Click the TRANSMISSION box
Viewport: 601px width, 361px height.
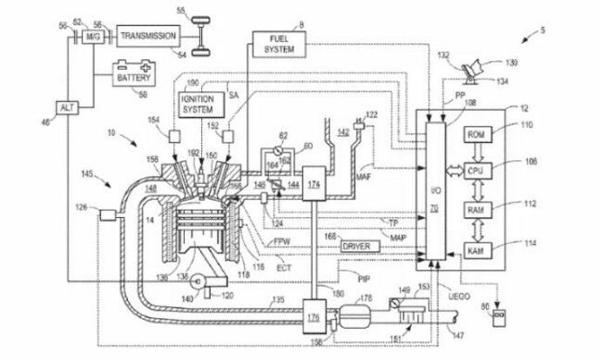click(x=149, y=36)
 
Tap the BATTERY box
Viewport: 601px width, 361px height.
click(x=133, y=78)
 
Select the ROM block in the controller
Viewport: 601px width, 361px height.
click(x=476, y=135)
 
